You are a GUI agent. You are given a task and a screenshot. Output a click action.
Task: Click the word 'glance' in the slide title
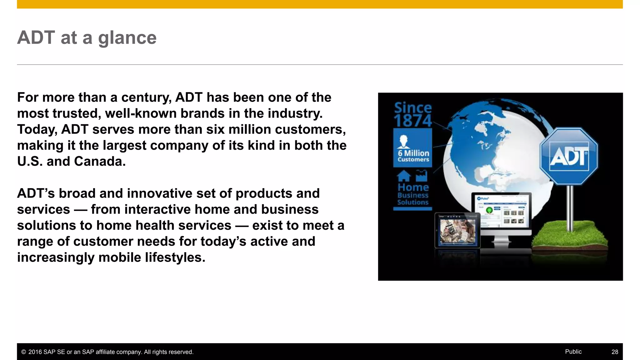coord(127,38)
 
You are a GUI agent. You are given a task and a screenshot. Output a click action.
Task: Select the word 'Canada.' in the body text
coord(100,162)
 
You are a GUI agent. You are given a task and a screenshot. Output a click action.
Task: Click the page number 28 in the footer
coord(615,352)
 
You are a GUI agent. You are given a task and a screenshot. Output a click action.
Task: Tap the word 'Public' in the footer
coord(573,352)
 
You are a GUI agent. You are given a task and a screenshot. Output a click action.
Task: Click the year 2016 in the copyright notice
coord(35,352)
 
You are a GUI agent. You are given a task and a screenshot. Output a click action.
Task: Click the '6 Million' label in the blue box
coord(413,153)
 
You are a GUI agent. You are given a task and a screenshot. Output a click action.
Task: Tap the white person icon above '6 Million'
coord(403,142)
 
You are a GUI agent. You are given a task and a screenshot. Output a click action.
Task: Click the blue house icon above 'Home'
coord(404,176)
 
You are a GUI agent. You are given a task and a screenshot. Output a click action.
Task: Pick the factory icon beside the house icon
coord(421,176)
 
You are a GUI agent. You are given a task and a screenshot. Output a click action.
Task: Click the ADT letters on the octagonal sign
coord(568,156)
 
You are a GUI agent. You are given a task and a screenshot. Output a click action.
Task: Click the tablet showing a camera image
coord(457,230)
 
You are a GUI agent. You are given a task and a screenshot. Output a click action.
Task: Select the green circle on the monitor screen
coord(489,210)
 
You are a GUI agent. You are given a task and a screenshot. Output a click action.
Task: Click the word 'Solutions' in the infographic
coord(412,202)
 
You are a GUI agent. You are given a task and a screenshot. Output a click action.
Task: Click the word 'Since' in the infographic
coord(412,107)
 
